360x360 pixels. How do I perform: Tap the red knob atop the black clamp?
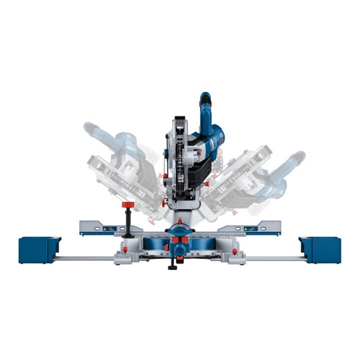coord(128,205)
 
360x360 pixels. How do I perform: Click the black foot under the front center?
coord(172,267)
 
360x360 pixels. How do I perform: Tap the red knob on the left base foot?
coord(125,249)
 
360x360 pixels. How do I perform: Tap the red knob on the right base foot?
coord(234,251)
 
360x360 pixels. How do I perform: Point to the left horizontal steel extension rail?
coord(85,258)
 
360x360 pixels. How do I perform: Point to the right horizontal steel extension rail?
coord(274,258)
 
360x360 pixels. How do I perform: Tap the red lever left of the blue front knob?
coord(166,248)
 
